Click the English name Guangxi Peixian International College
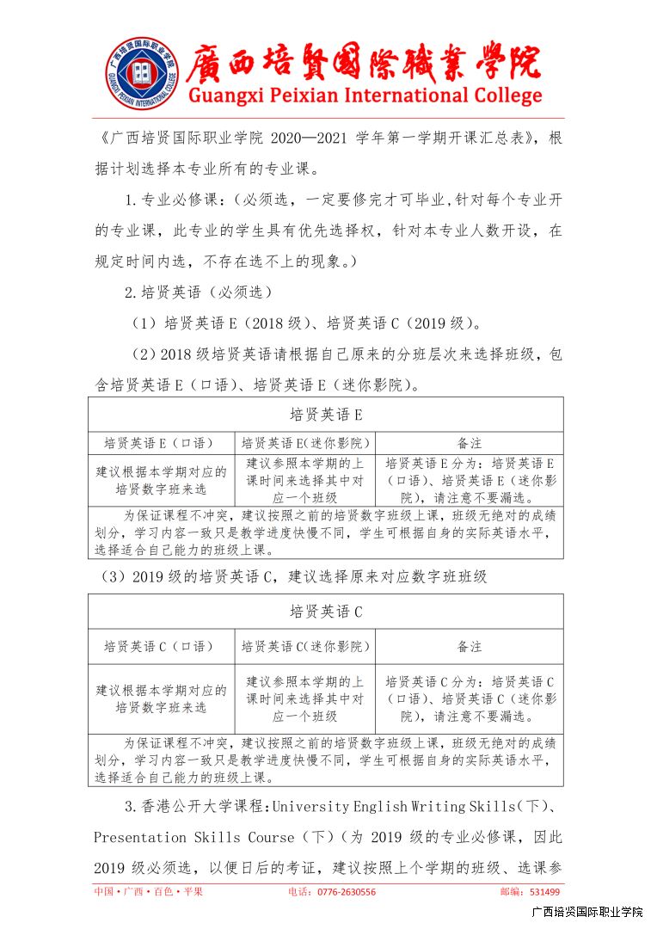pos(365,95)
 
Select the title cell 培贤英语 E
pos(325,415)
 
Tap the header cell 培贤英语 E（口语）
pos(160,443)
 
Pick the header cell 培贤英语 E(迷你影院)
pos(305,443)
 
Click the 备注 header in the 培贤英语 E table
pos(469,443)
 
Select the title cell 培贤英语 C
pos(325,612)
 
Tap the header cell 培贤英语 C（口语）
pos(160,646)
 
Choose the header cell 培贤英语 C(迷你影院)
pos(305,646)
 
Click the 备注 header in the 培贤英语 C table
pos(469,646)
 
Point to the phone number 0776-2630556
pos(343,892)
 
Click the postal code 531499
pos(545,892)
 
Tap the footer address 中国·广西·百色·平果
pos(149,892)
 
